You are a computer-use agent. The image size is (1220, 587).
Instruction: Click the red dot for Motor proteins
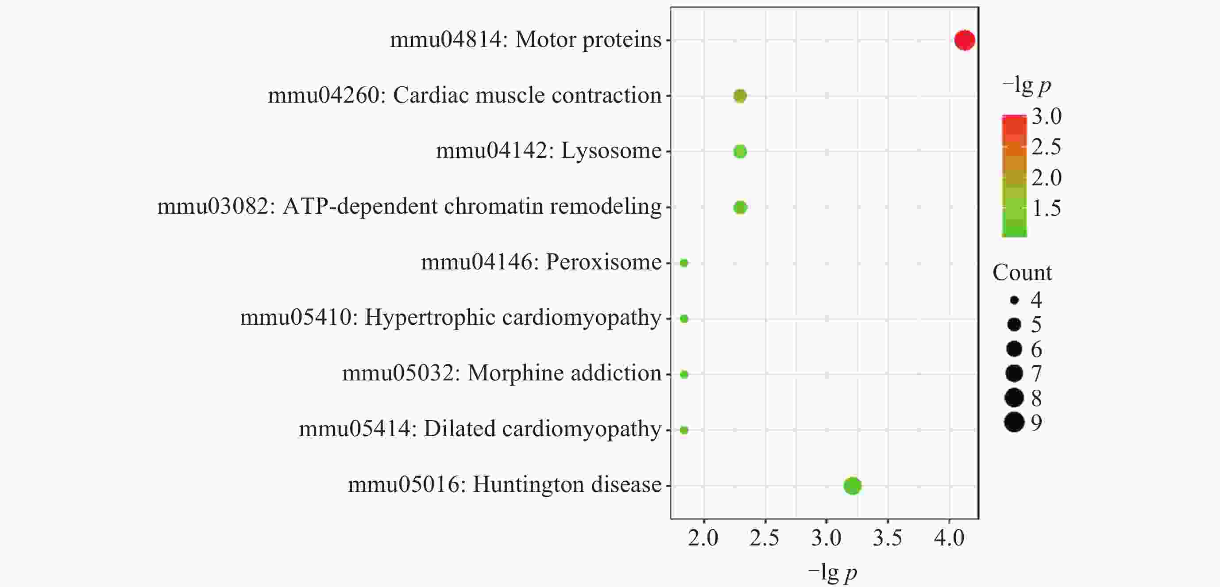(964, 40)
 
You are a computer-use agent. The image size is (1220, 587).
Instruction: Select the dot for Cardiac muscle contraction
(740, 96)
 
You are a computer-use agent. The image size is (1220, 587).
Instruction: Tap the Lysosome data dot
(740, 151)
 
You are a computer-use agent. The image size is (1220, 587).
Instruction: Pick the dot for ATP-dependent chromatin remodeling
(740, 207)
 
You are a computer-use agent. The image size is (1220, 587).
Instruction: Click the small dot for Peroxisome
(684, 263)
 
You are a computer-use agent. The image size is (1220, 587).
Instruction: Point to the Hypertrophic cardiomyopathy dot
(684, 318)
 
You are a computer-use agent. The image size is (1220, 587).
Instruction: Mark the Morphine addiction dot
(684, 374)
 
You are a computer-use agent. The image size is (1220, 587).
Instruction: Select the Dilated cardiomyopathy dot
(684, 430)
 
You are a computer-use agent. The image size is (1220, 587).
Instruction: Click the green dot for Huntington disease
(852, 486)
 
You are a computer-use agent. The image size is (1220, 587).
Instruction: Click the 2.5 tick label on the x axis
(764, 538)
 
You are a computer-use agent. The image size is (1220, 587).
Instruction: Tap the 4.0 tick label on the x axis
(949, 538)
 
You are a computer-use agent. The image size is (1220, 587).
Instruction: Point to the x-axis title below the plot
(832, 573)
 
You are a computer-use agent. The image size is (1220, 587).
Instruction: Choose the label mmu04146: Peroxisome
(541, 262)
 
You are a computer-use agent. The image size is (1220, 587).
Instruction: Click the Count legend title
(1022, 272)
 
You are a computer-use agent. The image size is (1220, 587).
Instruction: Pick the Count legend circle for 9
(1014, 422)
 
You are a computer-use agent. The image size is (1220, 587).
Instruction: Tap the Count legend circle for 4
(1014, 300)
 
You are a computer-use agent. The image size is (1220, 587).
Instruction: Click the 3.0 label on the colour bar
(1046, 116)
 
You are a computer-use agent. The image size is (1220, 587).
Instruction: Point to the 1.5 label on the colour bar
(1046, 208)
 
